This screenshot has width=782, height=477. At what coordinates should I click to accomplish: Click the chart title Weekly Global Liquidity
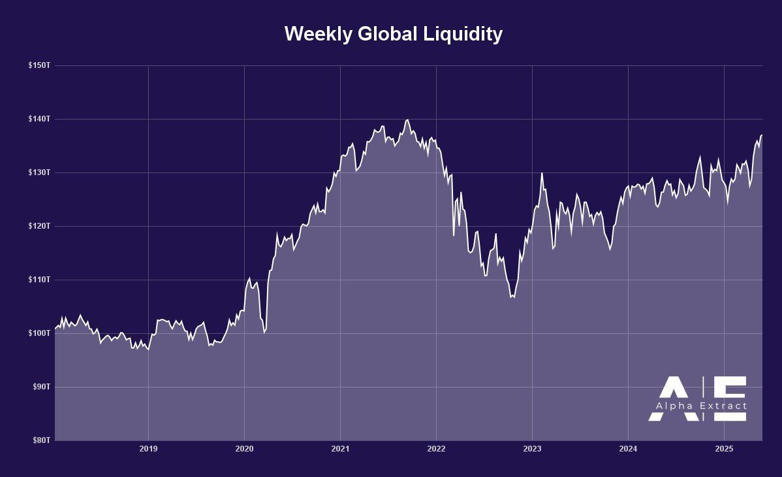point(393,34)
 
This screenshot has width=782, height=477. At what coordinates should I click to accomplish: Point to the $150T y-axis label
point(39,65)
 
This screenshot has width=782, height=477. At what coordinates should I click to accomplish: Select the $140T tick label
point(39,119)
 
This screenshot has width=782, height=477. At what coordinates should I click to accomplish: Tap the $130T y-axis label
point(39,173)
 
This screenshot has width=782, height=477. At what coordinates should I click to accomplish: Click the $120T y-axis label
point(39,226)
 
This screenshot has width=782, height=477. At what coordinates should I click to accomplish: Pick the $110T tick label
point(39,280)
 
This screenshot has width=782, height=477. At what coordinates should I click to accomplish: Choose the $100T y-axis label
point(39,333)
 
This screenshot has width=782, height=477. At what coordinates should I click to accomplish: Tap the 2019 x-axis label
point(148,449)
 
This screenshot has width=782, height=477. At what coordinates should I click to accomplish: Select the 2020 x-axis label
point(244,449)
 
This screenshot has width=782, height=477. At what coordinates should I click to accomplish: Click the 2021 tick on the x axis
point(340,449)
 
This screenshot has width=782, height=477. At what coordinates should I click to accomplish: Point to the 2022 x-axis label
point(436,449)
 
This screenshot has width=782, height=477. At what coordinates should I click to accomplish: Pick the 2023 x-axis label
point(532,449)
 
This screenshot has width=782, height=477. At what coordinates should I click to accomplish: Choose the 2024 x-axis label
point(628,449)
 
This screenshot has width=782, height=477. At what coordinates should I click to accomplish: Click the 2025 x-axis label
point(724,449)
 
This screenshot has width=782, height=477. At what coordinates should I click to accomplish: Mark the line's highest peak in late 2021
point(408,120)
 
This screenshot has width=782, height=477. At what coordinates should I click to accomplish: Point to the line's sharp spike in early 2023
point(542,173)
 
